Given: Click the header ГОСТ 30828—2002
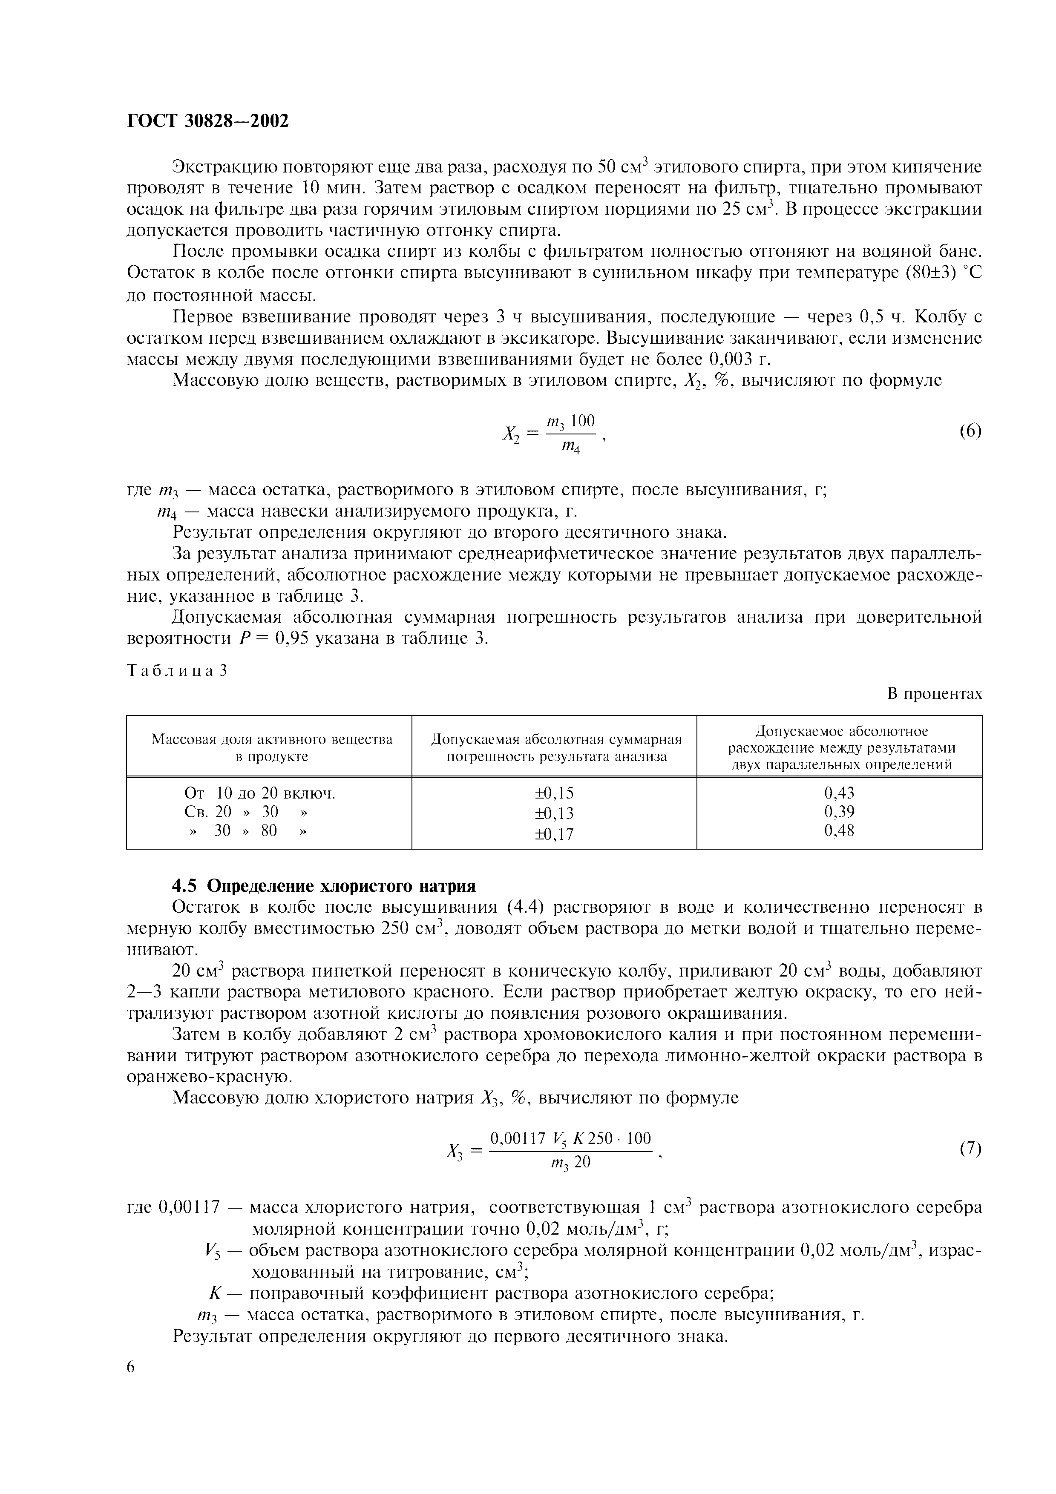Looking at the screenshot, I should [207, 121].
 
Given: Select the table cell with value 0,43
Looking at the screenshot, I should [839, 793].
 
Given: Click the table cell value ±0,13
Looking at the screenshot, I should [554, 813].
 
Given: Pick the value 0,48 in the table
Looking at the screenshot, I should [839, 831].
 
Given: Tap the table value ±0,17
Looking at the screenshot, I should [554, 833].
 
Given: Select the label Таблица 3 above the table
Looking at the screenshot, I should [176, 671].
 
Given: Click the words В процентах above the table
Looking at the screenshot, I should [934, 694].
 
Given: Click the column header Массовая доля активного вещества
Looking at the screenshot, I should [272, 739].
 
